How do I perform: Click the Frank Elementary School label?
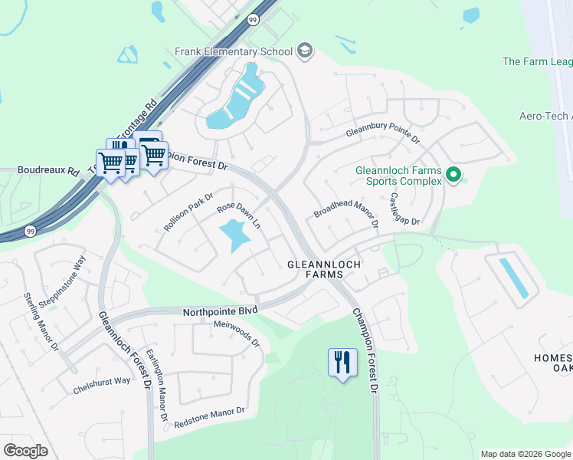(x=234, y=51)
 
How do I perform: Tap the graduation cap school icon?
(x=305, y=51)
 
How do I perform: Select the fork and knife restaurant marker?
(x=342, y=361)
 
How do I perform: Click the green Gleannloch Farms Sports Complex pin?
(x=453, y=176)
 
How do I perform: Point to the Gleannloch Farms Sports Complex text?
(x=399, y=176)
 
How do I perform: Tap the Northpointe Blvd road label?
(x=220, y=312)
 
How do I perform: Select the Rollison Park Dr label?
(x=187, y=212)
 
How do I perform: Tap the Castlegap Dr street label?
(x=404, y=208)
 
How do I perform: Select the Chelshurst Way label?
(x=102, y=384)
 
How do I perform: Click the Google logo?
(x=25, y=450)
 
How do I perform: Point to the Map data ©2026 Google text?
(x=525, y=454)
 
